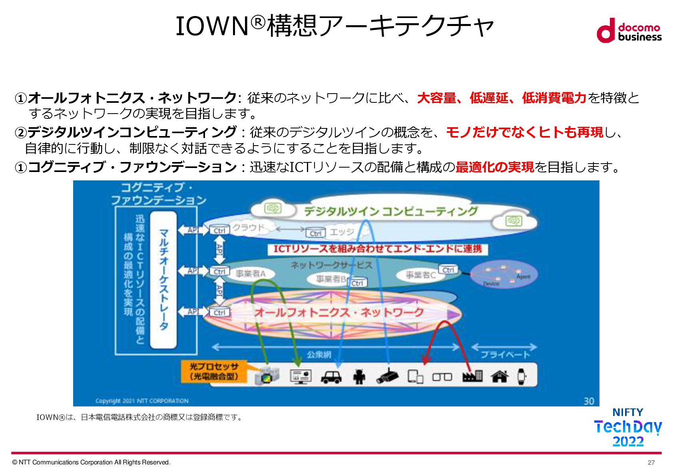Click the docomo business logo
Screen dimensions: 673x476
click(629, 30)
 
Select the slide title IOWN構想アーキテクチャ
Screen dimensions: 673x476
click(335, 26)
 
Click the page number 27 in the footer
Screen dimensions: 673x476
click(651, 462)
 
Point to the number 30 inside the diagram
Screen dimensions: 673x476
click(589, 401)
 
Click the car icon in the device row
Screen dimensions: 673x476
click(331, 377)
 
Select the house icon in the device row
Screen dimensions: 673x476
click(499, 376)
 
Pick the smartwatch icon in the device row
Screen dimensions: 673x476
click(522, 376)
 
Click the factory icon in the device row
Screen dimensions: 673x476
click(472, 376)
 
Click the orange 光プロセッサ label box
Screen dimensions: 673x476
click(214, 371)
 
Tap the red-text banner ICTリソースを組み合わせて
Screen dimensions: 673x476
click(378, 249)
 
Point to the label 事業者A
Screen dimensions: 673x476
click(251, 274)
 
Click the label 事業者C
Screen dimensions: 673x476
click(420, 275)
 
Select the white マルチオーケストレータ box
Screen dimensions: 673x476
click(163, 280)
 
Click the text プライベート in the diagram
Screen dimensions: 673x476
click(505, 354)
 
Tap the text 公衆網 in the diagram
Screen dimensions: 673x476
click(319, 354)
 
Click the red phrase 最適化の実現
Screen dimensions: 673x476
click(495, 167)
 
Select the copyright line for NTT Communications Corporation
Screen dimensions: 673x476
click(91, 462)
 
